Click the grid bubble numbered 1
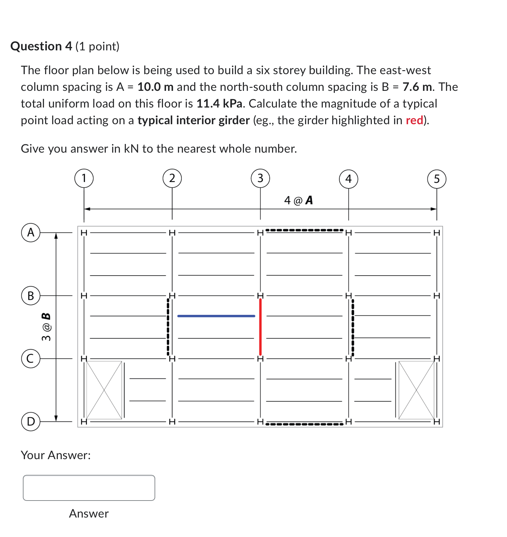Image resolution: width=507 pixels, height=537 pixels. pos(84,178)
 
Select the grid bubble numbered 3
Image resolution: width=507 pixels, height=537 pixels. pos(260,178)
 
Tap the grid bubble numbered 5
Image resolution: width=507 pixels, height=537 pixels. pos(437,179)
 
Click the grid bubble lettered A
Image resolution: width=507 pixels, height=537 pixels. pos(31,232)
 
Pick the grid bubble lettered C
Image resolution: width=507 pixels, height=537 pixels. pos(31,358)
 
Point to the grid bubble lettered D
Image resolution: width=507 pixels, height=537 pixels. pos(31,421)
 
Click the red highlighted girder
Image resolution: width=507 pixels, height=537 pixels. pos(260,327)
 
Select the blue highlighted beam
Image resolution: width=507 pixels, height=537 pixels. pos(216,316)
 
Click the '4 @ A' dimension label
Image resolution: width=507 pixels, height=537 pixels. pos(298,200)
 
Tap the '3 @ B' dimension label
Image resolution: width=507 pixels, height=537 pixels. pos(46,327)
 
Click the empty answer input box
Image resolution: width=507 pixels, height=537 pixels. pos(89,488)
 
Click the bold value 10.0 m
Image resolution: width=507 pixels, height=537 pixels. pos(155,87)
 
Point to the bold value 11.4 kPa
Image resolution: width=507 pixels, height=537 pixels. pos(219,104)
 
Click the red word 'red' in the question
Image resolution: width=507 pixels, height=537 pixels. pos(414,120)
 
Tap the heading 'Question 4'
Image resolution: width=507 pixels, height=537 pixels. pos(41,46)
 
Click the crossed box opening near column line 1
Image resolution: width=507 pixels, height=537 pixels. pos(104,390)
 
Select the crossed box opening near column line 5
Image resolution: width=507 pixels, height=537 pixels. pos(416,390)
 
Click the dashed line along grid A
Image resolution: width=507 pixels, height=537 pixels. pos(305,230)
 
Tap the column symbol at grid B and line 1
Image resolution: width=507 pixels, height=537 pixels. pos(84,296)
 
